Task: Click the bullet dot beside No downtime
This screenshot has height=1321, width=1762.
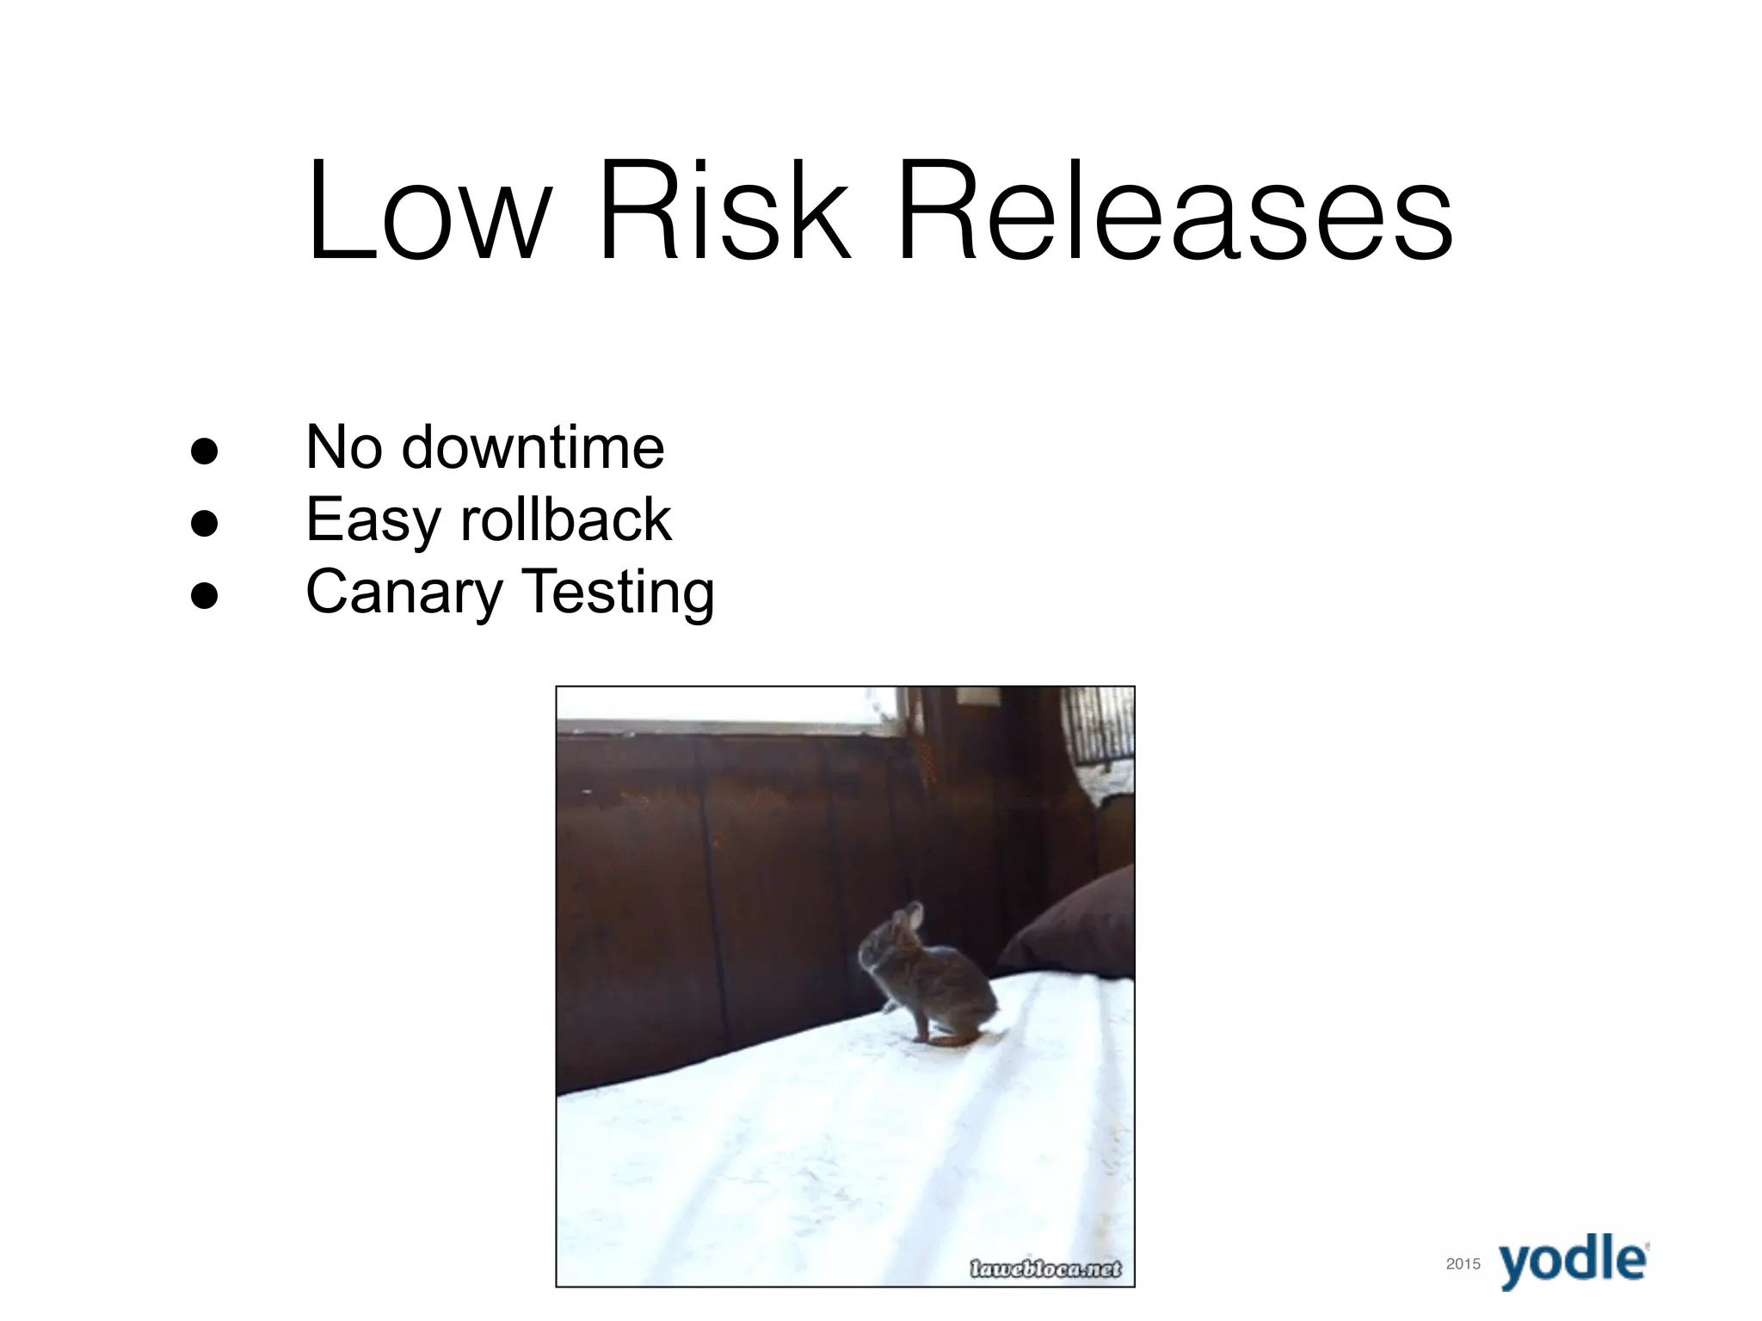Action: tap(204, 451)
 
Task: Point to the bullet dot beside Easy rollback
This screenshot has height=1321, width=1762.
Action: tap(204, 522)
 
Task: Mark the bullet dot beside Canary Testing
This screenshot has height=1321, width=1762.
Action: tap(204, 594)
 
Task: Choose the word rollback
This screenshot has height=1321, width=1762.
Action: tap(566, 519)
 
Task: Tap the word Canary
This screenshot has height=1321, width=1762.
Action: tap(404, 593)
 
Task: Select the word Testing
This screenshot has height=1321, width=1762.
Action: tap(618, 593)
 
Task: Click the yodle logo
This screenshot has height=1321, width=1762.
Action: tap(1574, 1261)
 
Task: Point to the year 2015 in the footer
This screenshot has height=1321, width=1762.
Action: tap(1463, 1263)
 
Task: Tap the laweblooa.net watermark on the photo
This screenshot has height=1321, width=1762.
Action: tap(1045, 1269)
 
